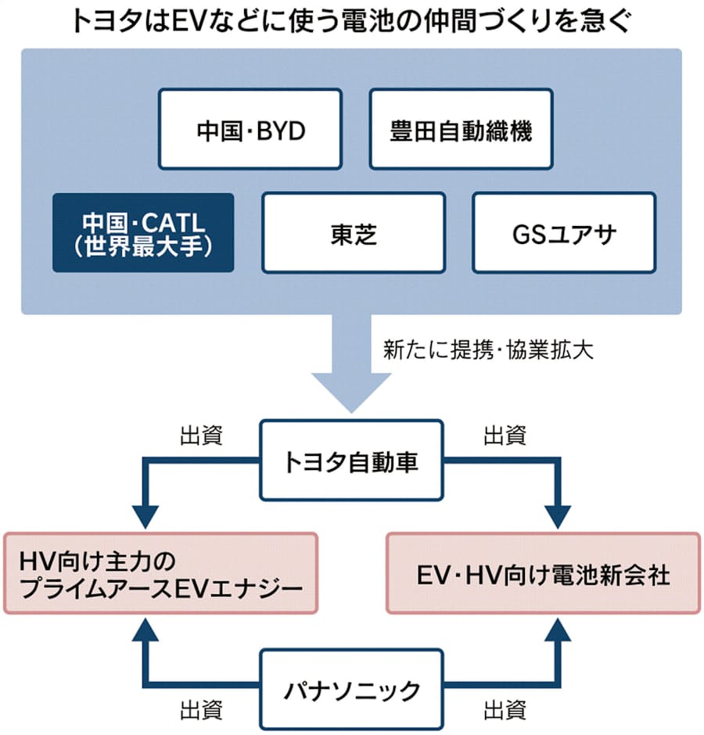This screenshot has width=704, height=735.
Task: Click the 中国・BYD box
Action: coord(250,129)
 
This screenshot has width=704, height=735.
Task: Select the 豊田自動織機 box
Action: coord(461,129)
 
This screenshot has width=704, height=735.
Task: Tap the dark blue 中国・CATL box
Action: coord(143,233)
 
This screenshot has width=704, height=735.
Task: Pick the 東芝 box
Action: coord(354,233)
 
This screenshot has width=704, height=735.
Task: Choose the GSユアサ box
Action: coord(564,233)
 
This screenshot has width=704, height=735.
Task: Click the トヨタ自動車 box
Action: coord(351,461)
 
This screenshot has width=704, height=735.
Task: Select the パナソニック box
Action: coord(351,690)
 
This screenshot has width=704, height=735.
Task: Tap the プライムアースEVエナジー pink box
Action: coord(160,573)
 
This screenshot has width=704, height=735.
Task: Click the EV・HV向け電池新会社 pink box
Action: coord(543,573)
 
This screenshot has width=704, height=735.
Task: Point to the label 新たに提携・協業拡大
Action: coord(489,350)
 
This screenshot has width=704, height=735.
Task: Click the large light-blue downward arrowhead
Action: coord(351,391)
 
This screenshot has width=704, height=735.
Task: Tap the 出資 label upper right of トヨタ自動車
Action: coord(505,436)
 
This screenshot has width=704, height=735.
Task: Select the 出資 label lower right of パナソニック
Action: coord(505,710)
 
